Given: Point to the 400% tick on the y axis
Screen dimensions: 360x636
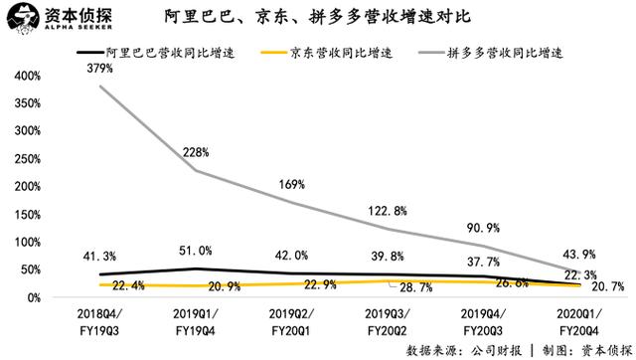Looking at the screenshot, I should click(x=24, y=77).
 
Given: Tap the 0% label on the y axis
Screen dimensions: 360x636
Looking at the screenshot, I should click(x=30, y=298).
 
